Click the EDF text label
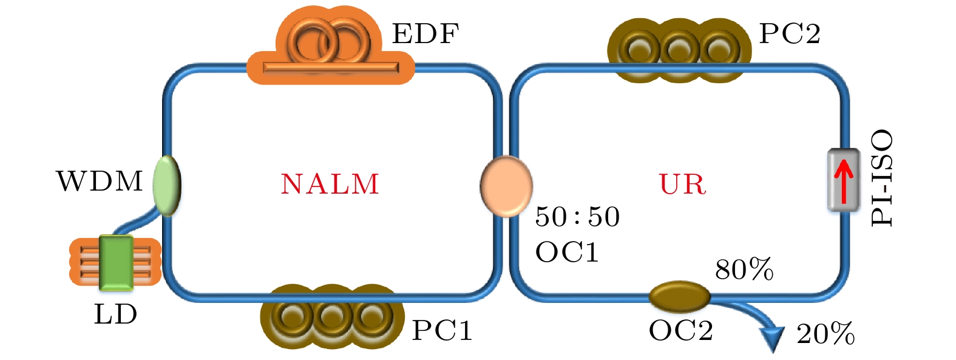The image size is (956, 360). click(425, 33)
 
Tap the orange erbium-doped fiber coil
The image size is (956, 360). click(330, 46)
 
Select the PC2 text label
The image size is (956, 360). click(790, 33)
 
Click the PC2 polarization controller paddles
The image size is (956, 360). click(679, 50)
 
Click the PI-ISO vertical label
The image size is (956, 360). click(882, 178)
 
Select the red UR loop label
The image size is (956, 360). click(683, 185)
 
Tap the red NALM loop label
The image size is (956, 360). click(330, 185)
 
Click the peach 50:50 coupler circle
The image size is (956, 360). click(507, 186)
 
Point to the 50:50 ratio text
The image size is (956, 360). click(577, 217)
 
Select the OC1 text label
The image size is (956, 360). click(567, 251)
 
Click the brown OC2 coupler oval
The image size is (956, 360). click(679, 296)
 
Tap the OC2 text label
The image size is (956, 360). click(680, 330)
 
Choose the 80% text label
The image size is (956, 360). click(744, 269)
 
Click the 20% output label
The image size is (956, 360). click(825, 334)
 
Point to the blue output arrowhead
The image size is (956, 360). click(773, 339)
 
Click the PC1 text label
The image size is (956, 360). click(442, 330)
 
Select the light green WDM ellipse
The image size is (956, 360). click(167, 185)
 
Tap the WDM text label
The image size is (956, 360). click(100, 181)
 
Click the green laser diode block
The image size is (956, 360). click(116, 263)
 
